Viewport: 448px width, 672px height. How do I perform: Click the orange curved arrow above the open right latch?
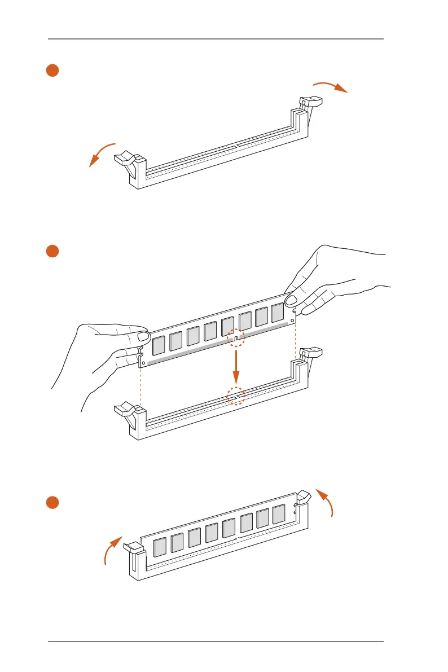pyautogui.click(x=330, y=85)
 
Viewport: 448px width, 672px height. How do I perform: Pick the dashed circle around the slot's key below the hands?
pyautogui.click(x=236, y=396)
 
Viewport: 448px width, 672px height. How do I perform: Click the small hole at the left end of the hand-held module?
pyautogui.click(x=143, y=362)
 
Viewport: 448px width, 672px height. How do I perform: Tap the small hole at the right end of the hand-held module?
pyautogui.click(x=292, y=320)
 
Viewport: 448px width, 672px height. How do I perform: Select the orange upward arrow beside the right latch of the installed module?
pyautogui.click(x=326, y=502)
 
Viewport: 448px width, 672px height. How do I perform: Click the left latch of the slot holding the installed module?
pyautogui.click(x=132, y=548)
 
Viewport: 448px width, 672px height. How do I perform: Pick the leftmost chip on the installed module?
pyautogui.click(x=161, y=547)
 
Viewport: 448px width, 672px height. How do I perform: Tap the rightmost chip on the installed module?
pyautogui.click(x=279, y=514)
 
